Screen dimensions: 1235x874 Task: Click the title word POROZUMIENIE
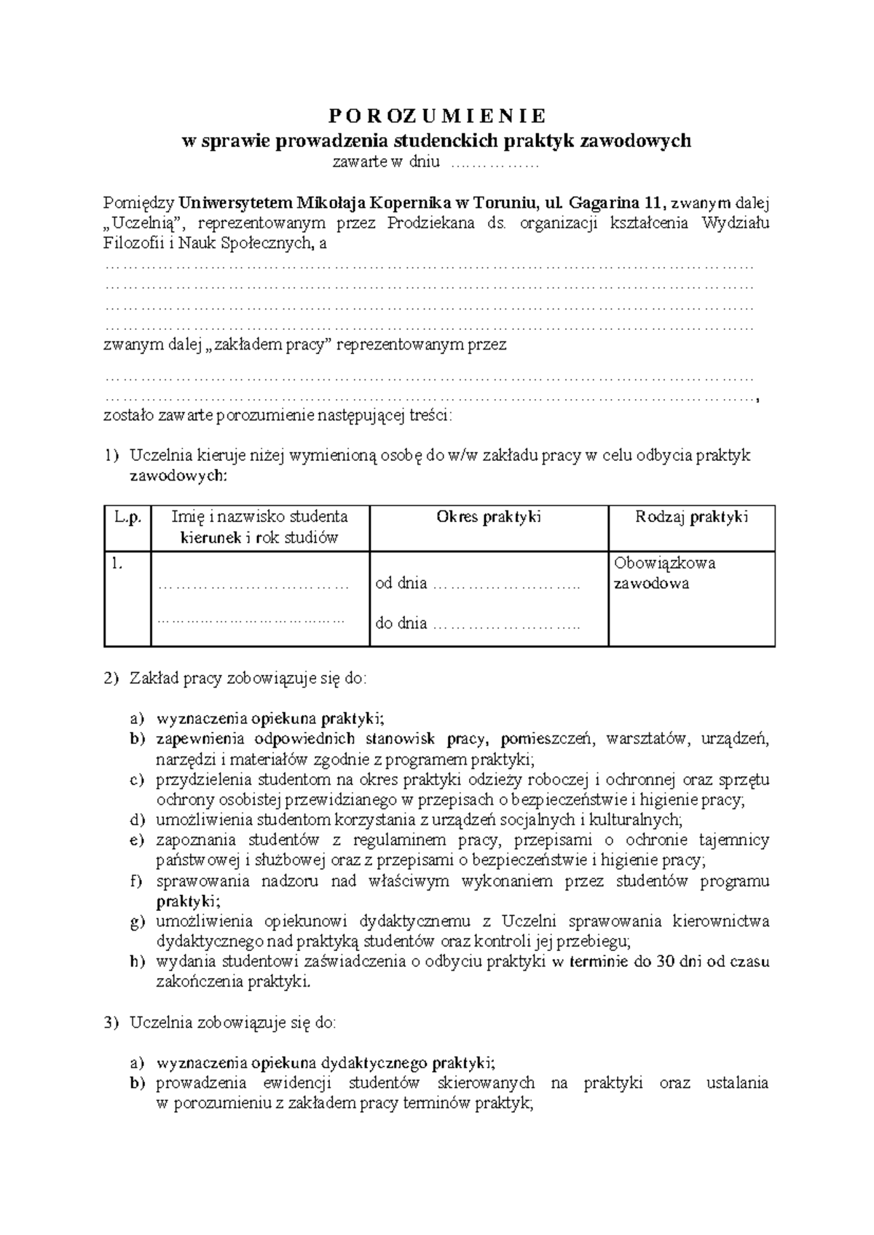click(x=436, y=117)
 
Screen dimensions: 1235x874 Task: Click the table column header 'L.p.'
click(x=127, y=518)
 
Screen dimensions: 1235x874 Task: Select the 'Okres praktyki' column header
click(x=488, y=518)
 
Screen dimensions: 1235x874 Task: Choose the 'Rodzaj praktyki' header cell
click(x=691, y=518)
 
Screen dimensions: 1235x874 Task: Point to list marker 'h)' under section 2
click(x=138, y=961)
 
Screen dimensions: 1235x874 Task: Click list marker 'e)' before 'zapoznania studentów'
click(x=138, y=840)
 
